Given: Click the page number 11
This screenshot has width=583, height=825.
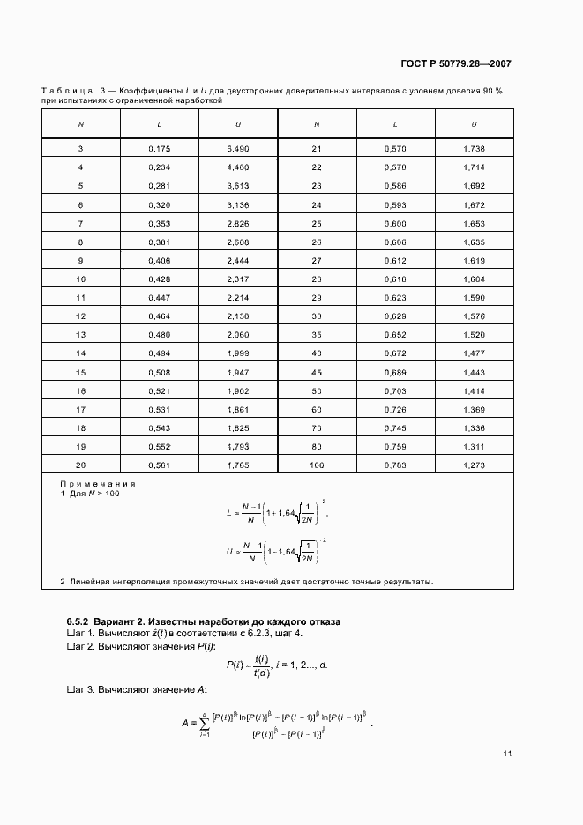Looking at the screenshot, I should click(507, 754).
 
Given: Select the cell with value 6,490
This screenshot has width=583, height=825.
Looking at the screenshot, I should click(238, 149).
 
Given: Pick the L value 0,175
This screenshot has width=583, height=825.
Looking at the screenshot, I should click(160, 149).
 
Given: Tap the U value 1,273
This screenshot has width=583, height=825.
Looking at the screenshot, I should click(474, 465).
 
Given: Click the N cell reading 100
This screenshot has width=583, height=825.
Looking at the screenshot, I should click(317, 465).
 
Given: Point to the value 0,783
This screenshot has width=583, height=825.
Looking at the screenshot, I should click(395, 465).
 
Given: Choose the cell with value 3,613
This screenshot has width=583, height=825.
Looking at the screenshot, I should click(238, 186).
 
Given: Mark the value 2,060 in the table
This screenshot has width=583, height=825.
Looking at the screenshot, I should click(238, 334).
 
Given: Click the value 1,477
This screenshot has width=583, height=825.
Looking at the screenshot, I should click(474, 353).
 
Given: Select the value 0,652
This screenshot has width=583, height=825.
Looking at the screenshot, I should click(395, 334).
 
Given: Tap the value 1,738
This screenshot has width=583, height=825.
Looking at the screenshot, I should click(474, 149).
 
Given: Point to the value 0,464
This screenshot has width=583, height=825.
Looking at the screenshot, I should click(160, 316).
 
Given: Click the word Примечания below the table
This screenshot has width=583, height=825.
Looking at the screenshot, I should click(97, 484).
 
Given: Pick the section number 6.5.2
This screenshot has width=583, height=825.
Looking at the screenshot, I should click(82, 622).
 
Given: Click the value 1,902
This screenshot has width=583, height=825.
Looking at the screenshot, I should click(238, 390).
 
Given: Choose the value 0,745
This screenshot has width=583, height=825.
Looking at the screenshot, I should click(395, 427).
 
